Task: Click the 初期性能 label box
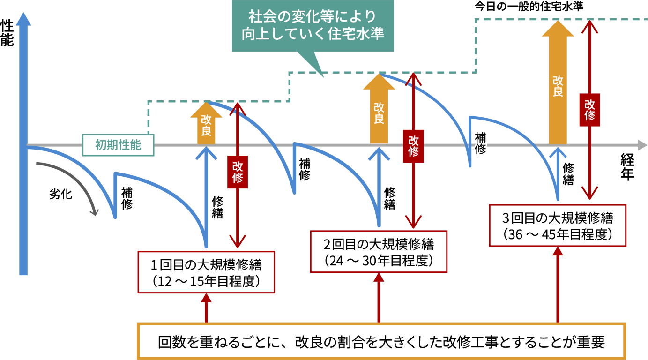point(118,145)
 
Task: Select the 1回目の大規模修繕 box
point(206,272)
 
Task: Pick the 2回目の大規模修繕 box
point(379,251)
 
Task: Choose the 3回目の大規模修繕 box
point(558,225)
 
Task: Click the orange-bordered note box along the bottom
point(381,341)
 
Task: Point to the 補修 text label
point(480,143)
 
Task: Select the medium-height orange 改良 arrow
point(379,110)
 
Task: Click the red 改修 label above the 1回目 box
point(238,172)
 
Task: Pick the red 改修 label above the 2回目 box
point(413,146)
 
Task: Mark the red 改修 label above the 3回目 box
point(589,110)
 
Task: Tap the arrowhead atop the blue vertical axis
point(23,19)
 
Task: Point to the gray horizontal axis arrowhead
point(642,145)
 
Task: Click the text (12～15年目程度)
point(206,281)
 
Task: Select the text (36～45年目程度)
point(558,234)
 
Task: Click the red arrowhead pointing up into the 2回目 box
point(379,278)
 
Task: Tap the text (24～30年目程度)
point(379,261)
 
